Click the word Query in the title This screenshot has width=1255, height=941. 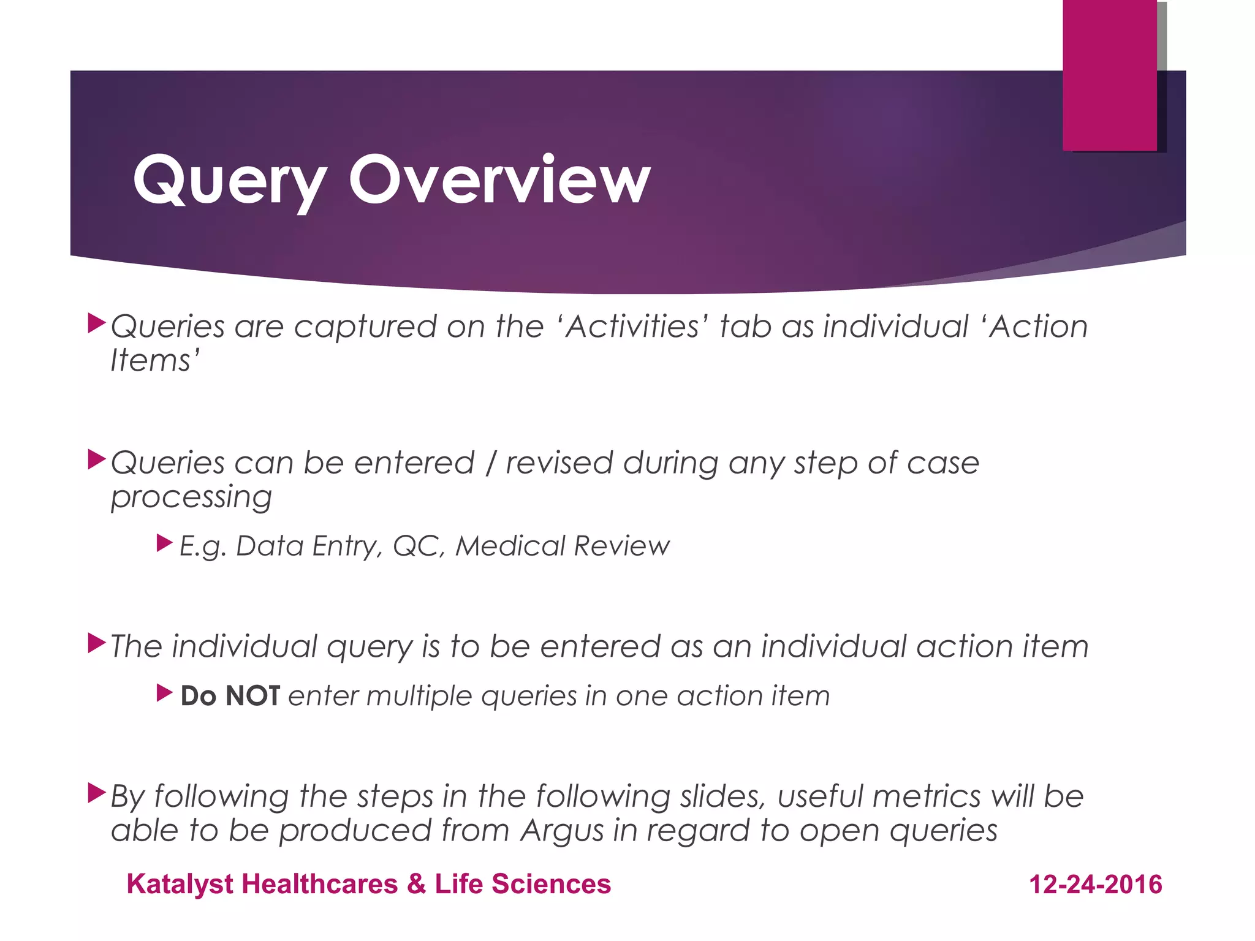click(229, 181)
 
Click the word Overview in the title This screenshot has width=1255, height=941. click(499, 180)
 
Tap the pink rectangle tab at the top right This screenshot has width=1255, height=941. click(1109, 75)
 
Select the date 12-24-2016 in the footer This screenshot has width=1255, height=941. click(1096, 885)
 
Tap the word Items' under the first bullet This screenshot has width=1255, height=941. click(155, 360)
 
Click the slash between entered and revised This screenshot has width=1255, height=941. click(490, 463)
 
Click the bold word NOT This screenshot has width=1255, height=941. click(252, 696)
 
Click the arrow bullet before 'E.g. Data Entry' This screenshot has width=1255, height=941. click(164, 543)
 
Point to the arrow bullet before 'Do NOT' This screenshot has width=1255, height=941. click(164, 693)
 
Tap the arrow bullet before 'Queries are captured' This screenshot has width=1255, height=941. click(97, 323)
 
